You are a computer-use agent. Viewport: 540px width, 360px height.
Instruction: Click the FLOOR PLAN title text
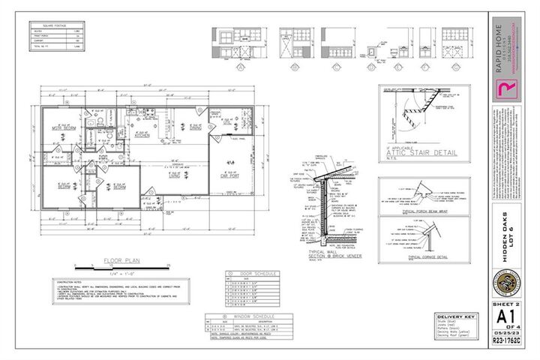click(120, 263)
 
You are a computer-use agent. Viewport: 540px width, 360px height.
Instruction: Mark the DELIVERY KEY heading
click(454, 317)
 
